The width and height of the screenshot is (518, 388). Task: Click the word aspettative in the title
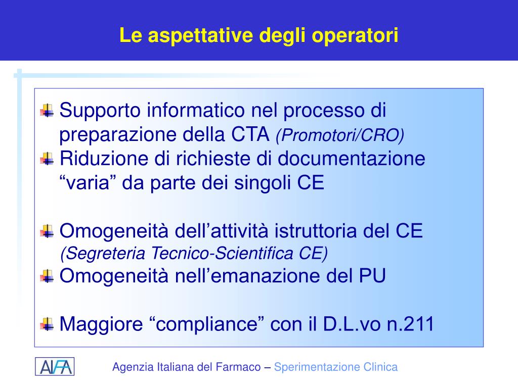click(200, 36)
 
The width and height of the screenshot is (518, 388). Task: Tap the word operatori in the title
click(355, 36)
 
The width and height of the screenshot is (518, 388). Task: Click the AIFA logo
click(55, 367)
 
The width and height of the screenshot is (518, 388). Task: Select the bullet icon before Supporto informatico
click(47, 111)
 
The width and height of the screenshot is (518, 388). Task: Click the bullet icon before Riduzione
click(47, 159)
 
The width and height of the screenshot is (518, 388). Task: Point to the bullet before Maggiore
click(47, 324)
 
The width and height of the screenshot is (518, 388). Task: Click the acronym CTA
click(250, 134)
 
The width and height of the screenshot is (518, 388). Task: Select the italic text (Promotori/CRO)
click(340, 135)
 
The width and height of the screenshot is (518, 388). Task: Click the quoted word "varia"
click(84, 182)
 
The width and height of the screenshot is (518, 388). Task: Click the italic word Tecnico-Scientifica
click(222, 254)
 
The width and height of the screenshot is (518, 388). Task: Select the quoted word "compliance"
click(207, 324)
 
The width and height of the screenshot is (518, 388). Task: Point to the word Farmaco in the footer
click(238, 367)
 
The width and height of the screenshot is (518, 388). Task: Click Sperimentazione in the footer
click(317, 367)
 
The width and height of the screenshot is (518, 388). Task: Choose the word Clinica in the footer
click(380, 367)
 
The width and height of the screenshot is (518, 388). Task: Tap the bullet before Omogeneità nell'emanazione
click(47, 276)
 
